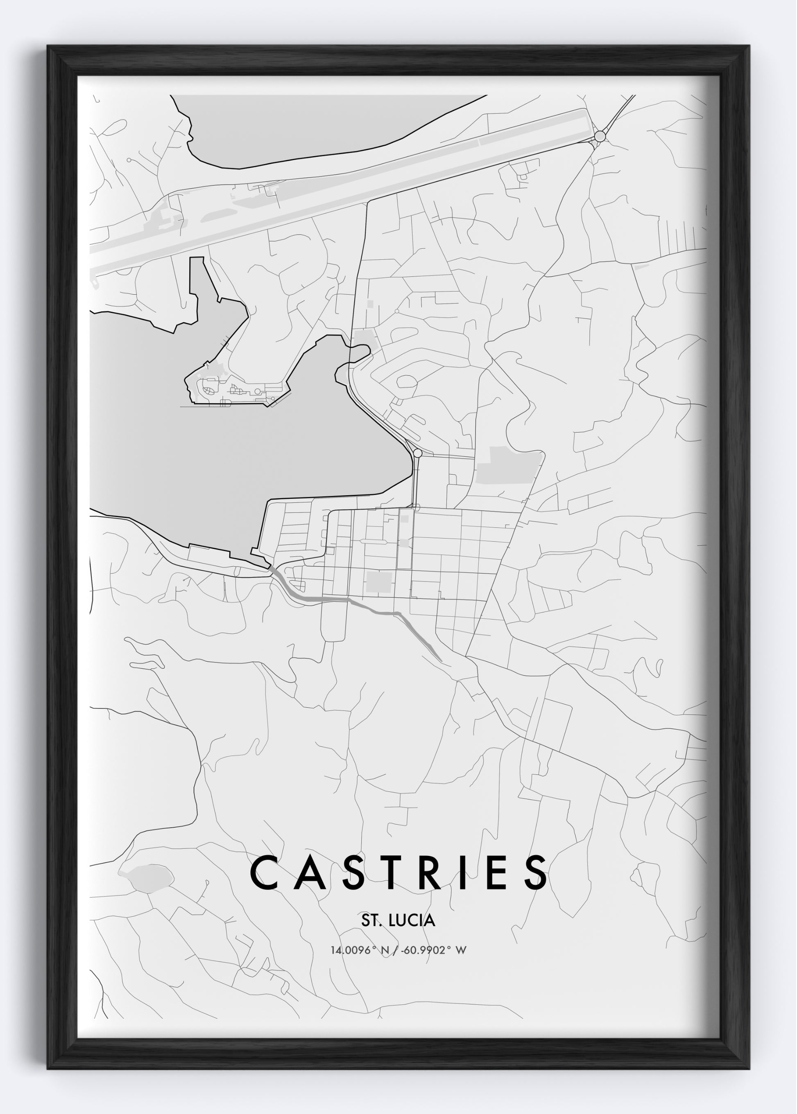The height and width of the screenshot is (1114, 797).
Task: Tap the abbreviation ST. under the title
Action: (372, 921)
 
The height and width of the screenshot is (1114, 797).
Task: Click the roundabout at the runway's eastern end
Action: (600, 136)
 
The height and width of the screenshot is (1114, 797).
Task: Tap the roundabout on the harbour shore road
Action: (418, 453)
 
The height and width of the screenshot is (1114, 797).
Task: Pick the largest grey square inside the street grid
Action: (379, 582)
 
